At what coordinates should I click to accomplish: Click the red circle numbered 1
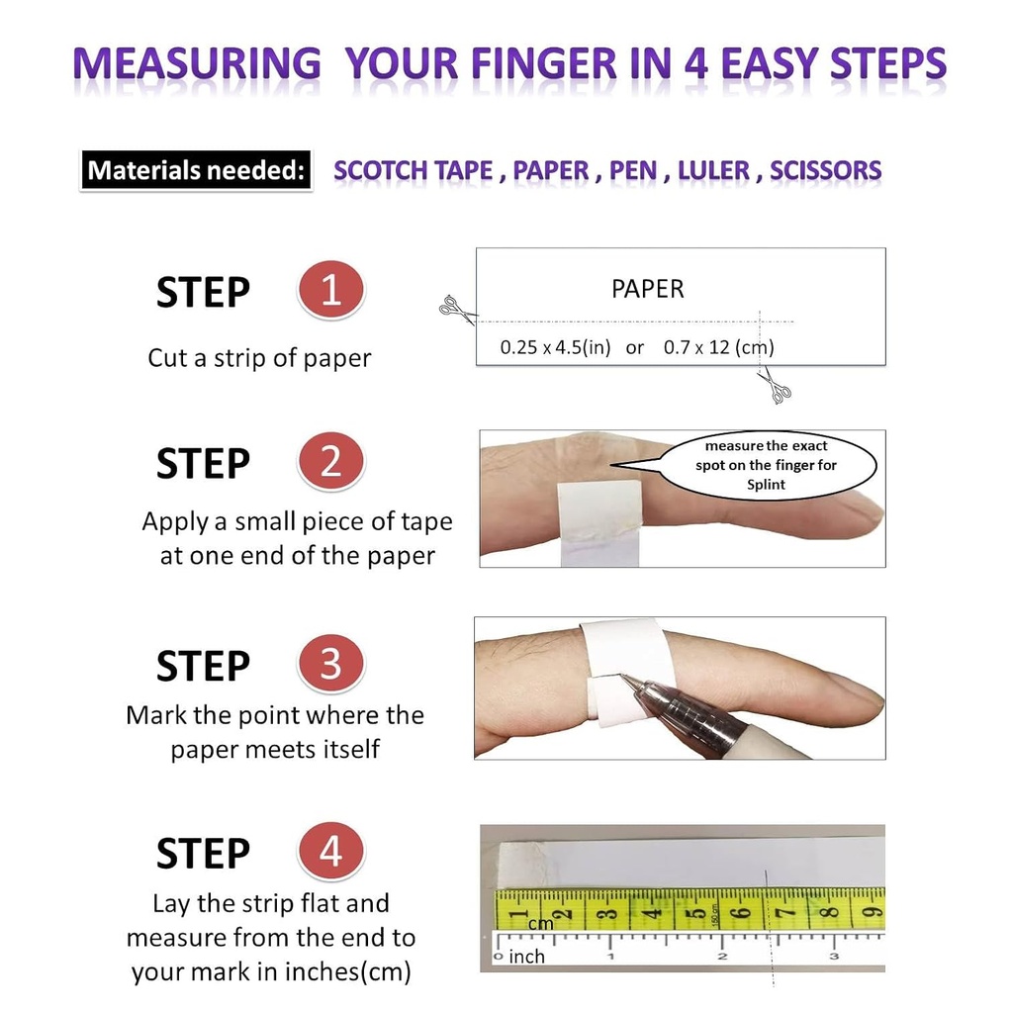(x=331, y=291)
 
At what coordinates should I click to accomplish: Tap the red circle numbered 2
(x=331, y=462)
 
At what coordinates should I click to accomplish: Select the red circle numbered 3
(x=331, y=664)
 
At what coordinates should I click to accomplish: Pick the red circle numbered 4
(x=331, y=852)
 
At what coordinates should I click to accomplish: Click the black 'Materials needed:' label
(x=195, y=170)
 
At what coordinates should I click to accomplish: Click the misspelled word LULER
(x=713, y=170)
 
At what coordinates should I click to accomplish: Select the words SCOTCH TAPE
(x=413, y=170)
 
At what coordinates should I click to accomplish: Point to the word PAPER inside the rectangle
(x=648, y=289)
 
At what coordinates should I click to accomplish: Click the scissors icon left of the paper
(x=454, y=309)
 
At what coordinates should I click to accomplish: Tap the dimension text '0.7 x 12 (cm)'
(x=719, y=347)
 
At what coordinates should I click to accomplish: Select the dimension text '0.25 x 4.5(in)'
(x=556, y=347)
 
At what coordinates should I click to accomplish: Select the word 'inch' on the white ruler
(x=526, y=957)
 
